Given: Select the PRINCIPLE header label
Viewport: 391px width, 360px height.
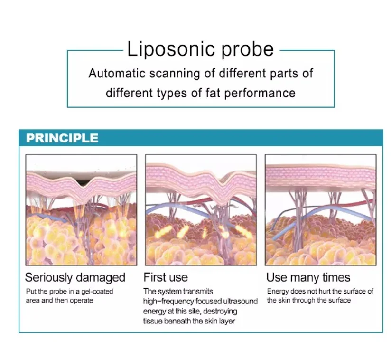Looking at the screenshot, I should tap(62, 138).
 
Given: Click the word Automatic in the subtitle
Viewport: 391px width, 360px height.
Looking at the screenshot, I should tap(116, 74).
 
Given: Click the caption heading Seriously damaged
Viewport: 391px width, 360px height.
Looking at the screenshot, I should tap(75, 277).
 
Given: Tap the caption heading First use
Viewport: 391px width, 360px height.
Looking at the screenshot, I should tap(166, 277).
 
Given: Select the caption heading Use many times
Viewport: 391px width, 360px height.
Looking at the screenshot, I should tap(308, 277).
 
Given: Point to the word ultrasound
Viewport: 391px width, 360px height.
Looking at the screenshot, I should tap(240, 301).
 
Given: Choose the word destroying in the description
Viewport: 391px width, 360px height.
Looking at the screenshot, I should tap(219, 311).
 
